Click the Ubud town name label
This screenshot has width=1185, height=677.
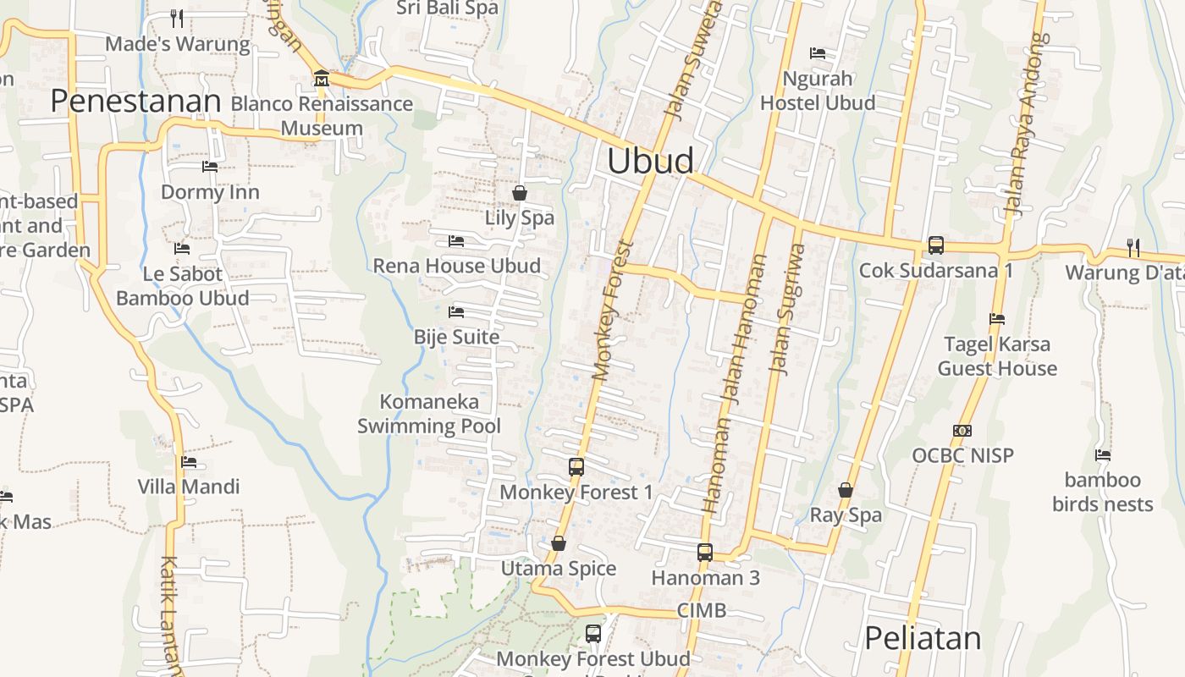(x=650, y=161)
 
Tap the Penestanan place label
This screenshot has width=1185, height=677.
(x=135, y=101)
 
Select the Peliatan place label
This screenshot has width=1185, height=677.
(x=923, y=638)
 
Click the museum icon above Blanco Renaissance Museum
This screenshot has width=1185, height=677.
(x=322, y=80)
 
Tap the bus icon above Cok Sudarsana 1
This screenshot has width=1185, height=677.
(x=935, y=245)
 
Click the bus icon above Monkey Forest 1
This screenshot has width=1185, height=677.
(x=576, y=466)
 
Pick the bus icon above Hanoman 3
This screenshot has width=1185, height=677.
(x=705, y=553)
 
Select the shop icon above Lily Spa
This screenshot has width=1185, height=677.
(x=520, y=193)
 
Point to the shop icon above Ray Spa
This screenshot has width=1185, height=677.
(x=845, y=490)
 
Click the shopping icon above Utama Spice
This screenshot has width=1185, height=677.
(x=558, y=543)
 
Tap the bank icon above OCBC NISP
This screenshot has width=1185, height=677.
(x=962, y=431)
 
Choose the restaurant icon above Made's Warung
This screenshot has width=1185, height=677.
(x=177, y=18)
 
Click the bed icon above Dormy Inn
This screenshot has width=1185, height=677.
(x=210, y=167)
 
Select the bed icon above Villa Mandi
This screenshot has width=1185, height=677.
(x=189, y=462)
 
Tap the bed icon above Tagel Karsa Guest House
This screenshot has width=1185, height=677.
(x=997, y=319)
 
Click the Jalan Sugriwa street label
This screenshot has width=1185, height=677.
(x=786, y=309)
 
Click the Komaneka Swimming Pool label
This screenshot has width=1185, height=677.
(x=429, y=414)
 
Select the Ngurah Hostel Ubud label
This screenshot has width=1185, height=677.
(x=818, y=91)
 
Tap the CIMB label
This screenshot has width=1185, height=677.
(x=702, y=610)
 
